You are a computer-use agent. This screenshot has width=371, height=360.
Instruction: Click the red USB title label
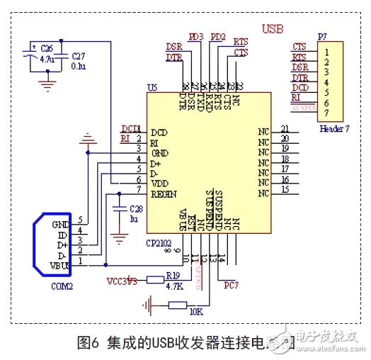click(x=274, y=29)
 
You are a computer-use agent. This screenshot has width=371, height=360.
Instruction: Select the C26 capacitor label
click(x=47, y=48)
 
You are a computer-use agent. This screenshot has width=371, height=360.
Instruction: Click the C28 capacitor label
click(x=136, y=209)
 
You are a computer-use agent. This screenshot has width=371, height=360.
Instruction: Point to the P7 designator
click(x=322, y=35)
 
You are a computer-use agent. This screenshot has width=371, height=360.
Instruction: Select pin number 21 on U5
click(x=285, y=128)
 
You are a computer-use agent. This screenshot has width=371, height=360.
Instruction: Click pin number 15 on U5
click(x=285, y=189)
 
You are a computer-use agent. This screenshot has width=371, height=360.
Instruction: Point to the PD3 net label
click(x=195, y=36)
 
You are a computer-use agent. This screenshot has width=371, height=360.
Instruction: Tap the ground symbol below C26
click(x=47, y=85)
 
